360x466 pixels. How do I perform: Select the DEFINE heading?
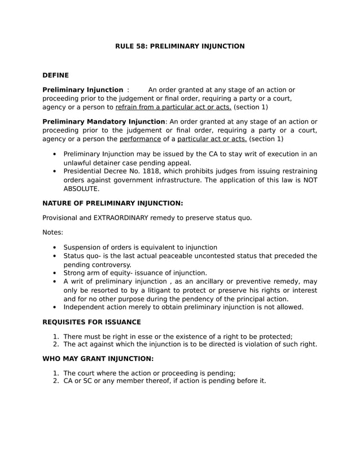(56, 75)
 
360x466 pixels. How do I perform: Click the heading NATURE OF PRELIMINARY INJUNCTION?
(113, 203)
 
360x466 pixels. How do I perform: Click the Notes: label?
(53, 232)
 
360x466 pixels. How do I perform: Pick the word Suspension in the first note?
(84, 247)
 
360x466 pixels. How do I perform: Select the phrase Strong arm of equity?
(100, 272)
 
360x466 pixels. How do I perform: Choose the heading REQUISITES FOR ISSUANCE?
(92, 322)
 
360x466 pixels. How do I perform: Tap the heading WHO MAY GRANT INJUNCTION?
(98, 358)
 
